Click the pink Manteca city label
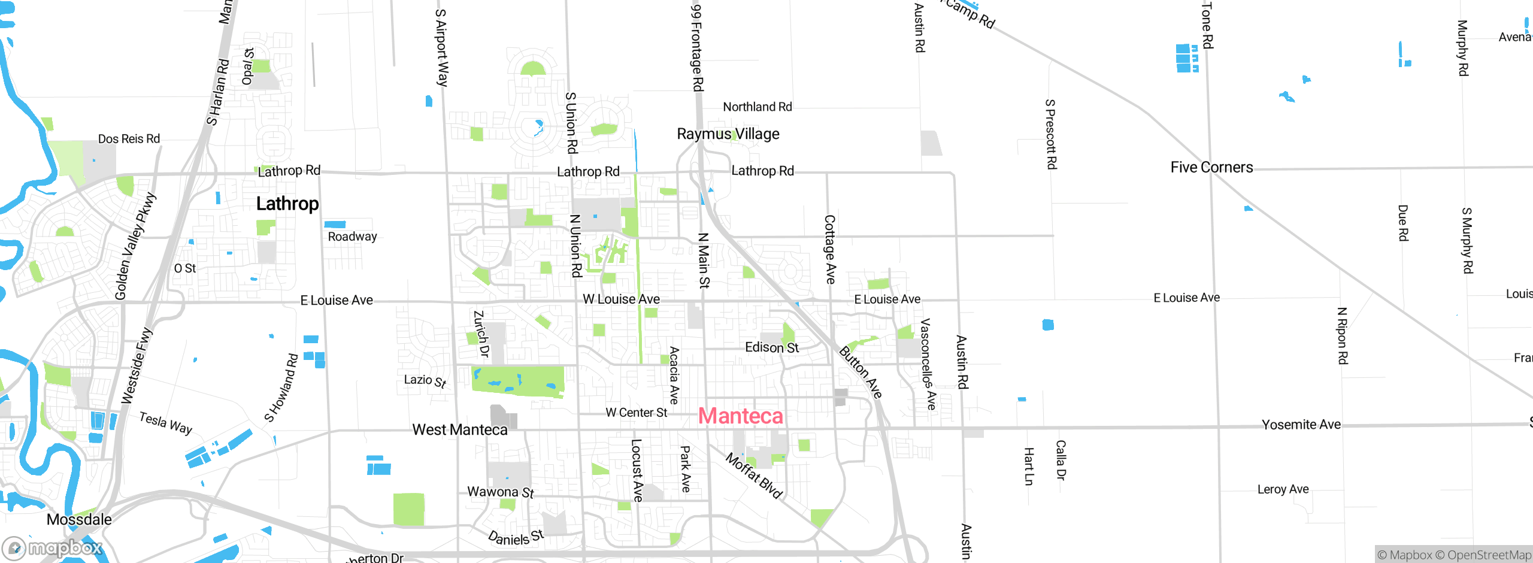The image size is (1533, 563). [x=740, y=416]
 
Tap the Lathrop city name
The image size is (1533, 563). [x=287, y=204]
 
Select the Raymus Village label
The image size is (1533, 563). [x=728, y=134]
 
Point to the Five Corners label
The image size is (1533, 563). [x=1211, y=167]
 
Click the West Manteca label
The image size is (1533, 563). [x=459, y=429]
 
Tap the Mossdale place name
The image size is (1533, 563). [x=79, y=519]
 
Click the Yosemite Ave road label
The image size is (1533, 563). [x=1301, y=424]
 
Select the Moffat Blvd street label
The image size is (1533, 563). [x=754, y=476]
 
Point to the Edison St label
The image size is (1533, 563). [x=771, y=347]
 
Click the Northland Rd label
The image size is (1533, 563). [x=757, y=107]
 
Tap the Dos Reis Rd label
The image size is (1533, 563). [x=129, y=139]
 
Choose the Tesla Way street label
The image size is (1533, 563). [x=165, y=422]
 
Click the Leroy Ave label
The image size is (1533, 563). [x=1283, y=489]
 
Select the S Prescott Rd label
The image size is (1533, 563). [x=1050, y=134]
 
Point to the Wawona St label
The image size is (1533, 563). [x=500, y=492]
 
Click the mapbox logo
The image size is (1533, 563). [x=53, y=547]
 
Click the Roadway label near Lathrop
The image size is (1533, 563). [x=352, y=236]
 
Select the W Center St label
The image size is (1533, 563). [x=636, y=412]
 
